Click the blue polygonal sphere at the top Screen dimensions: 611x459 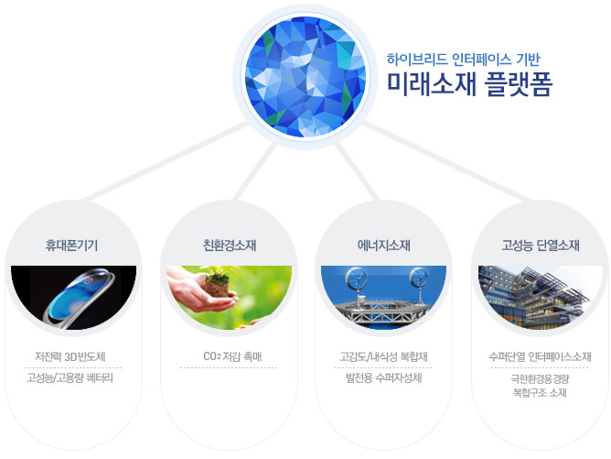(305, 77)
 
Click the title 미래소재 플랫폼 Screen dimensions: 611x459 (469, 84)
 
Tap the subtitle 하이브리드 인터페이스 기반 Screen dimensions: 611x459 (464, 60)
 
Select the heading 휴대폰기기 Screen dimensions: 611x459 (71, 246)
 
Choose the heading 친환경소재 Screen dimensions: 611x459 (230, 246)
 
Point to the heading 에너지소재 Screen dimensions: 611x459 (384, 246)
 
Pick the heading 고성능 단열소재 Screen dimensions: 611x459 (541, 246)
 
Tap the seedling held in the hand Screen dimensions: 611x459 (217, 282)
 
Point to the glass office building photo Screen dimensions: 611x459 (540, 298)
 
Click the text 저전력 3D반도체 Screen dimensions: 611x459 (70, 356)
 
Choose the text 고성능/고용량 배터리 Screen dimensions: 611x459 (70, 377)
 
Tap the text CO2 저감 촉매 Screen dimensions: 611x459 (232, 356)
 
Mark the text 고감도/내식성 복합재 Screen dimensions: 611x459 (384, 356)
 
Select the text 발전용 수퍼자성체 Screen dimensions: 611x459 (384, 377)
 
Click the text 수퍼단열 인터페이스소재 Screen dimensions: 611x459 (540, 356)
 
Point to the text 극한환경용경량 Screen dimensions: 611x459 (540, 378)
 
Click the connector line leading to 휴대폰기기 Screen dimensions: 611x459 (166, 161)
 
